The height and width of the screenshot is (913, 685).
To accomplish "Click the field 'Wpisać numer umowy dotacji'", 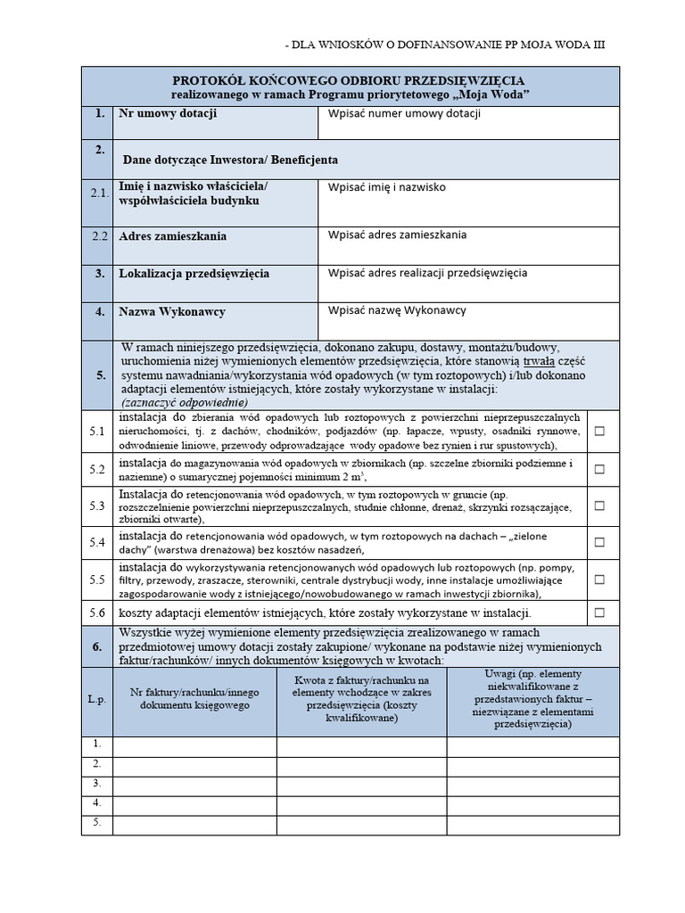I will pos(405,114).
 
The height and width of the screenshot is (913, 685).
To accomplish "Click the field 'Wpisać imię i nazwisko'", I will pos(387,188).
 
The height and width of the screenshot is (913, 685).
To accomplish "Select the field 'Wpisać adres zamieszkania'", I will pos(397,235).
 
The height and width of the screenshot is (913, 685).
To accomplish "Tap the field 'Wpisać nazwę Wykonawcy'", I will pos(397,310).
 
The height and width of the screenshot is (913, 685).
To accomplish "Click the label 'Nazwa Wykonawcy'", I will pos(172,312).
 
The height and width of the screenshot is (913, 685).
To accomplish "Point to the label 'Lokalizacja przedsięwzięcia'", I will pos(194,273).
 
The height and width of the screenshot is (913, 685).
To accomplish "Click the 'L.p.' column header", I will pos(97,700).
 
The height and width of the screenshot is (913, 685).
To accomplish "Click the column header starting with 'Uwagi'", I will pos(532,700).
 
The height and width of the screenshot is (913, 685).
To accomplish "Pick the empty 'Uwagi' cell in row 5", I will pos(532,825).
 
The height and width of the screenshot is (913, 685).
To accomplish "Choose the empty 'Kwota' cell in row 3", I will pos(361,786).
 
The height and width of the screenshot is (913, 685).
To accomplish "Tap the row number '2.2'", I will pos(98,237).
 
